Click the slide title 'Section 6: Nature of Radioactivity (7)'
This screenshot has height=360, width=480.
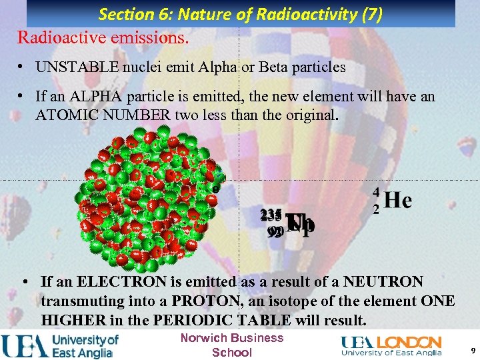241,14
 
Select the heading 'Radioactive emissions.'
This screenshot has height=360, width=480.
103,37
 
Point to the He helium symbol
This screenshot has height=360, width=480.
398,200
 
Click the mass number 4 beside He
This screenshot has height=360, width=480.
377,192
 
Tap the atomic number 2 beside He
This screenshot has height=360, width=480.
377,209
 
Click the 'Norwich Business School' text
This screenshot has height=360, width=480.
232,345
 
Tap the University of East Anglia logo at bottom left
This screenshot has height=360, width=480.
60,345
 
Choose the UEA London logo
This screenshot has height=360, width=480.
391,345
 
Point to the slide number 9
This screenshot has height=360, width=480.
472,350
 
